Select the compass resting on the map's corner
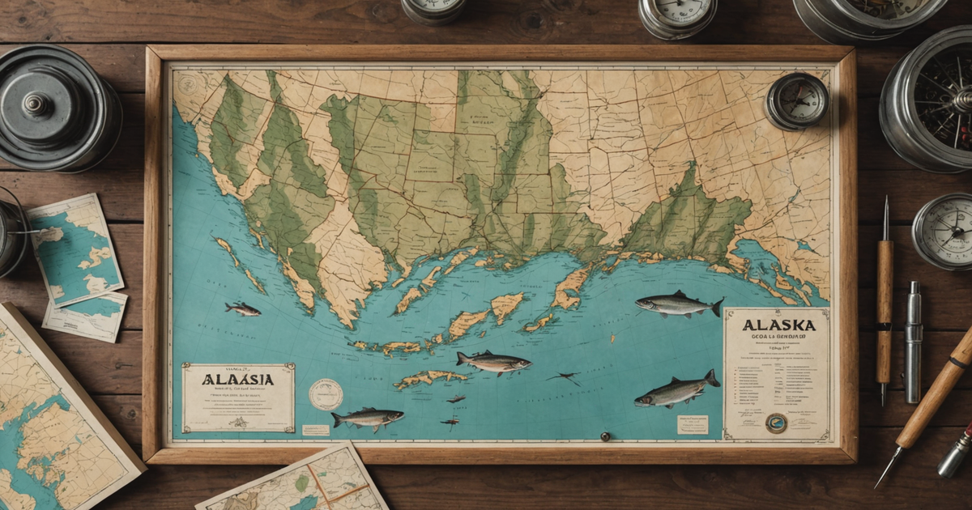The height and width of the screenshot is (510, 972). click(x=797, y=101)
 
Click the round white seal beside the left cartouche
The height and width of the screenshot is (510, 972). click(x=326, y=394)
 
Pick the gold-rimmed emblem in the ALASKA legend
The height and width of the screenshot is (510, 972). click(x=776, y=423)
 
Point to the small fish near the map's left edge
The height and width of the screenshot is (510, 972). click(x=242, y=308)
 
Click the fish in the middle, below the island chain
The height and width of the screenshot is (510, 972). click(x=493, y=362)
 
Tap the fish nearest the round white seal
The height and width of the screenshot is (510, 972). click(x=368, y=418)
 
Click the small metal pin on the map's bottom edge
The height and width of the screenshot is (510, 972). click(x=603, y=437)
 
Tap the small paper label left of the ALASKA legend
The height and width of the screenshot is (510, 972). click(x=693, y=425)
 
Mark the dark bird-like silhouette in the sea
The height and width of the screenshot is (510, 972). click(x=564, y=377)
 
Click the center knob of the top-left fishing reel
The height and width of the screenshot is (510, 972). click(x=36, y=104)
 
